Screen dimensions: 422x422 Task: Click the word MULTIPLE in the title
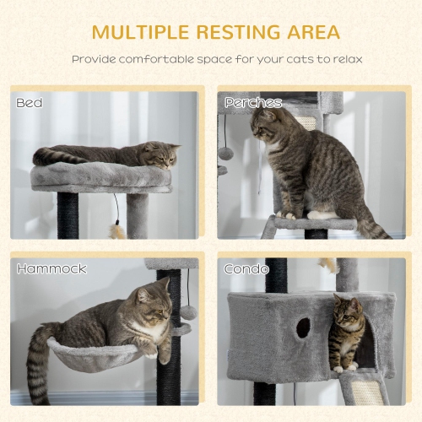(140, 33)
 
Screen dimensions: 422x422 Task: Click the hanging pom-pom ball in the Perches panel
(226, 153)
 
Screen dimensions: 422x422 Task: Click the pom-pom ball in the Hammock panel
(188, 311)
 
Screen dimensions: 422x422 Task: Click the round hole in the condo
(302, 328)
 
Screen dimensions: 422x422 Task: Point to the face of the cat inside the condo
(346, 312)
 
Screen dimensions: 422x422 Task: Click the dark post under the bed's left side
(68, 215)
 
